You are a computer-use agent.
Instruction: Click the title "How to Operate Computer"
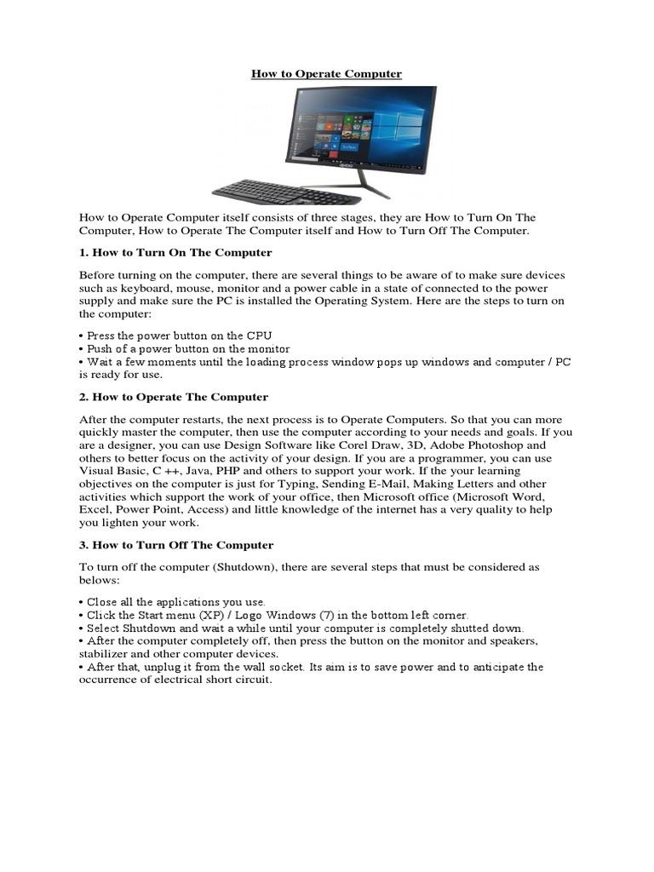click(x=326, y=74)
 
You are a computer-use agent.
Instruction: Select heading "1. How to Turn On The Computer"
click(x=175, y=253)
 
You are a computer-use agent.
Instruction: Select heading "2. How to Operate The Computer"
click(x=174, y=397)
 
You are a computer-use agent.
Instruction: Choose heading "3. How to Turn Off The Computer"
click(x=176, y=545)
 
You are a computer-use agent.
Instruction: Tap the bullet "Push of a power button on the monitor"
click(x=185, y=349)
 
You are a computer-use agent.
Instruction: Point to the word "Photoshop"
click(x=516, y=445)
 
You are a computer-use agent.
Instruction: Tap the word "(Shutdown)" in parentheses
click(x=240, y=567)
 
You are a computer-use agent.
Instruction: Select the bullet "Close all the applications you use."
click(x=173, y=601)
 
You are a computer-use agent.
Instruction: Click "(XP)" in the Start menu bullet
click(x=216, y=615)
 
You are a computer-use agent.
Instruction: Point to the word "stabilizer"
click(x=104, y=654)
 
